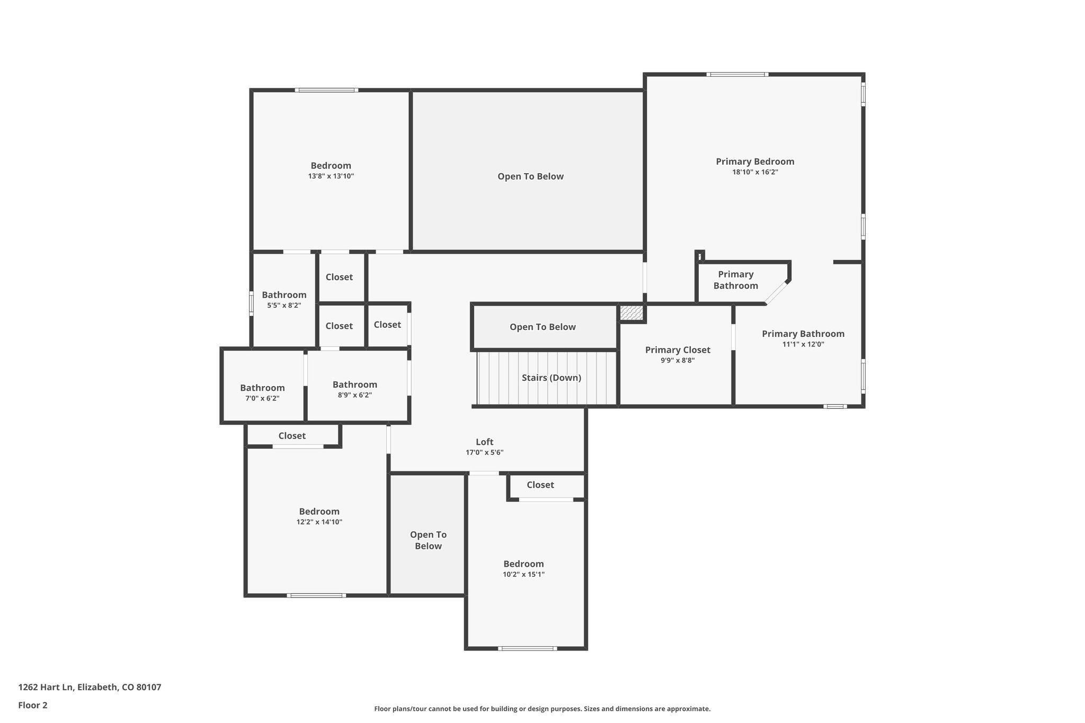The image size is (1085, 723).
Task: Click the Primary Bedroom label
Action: (x=754, y=162)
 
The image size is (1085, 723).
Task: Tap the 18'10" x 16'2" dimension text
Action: (x=754, y=172)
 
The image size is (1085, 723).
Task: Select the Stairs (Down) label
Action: (x=551, y=378)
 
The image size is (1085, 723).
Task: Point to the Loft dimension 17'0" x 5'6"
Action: (x=484, y=452)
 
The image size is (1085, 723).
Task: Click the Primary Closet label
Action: (x=677, y=350)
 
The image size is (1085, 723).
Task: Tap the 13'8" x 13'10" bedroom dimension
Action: (x=331, y=176)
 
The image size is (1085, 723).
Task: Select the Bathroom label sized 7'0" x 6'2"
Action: (x=262, y=388)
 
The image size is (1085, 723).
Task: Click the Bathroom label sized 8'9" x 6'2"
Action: (x=354, y=385)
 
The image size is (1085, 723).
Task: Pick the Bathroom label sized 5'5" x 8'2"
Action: (x=284, y=295)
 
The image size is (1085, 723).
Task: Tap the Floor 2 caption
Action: (x=33, y=705)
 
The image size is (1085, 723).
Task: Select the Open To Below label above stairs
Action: (x=542, y=327)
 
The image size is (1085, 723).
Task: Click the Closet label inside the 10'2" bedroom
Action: (x=540, y=485)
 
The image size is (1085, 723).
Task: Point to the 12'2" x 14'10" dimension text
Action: (x=319, y=522)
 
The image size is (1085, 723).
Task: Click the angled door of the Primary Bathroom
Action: (x=776, y=293)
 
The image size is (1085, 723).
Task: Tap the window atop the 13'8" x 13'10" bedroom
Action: (x=326, y=90)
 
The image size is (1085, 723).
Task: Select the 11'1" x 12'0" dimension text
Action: (x=803, y=344)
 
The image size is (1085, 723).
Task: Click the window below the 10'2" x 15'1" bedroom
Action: (x=527, y=648)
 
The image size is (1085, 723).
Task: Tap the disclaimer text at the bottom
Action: (x=542, y=709)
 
